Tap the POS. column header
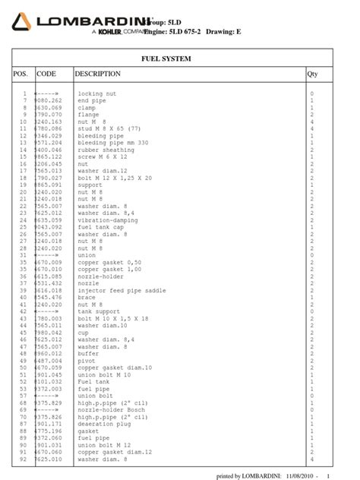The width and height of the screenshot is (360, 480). [x=21, y=74]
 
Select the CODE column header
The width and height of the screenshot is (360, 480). [x=46, y=74]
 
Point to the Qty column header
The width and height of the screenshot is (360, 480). [x=311, y=74]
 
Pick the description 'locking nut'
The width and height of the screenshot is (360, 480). [x=96, y=93]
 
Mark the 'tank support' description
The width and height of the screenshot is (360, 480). [x=99, y=311]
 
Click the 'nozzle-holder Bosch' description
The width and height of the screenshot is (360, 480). [x=111, y=409]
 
